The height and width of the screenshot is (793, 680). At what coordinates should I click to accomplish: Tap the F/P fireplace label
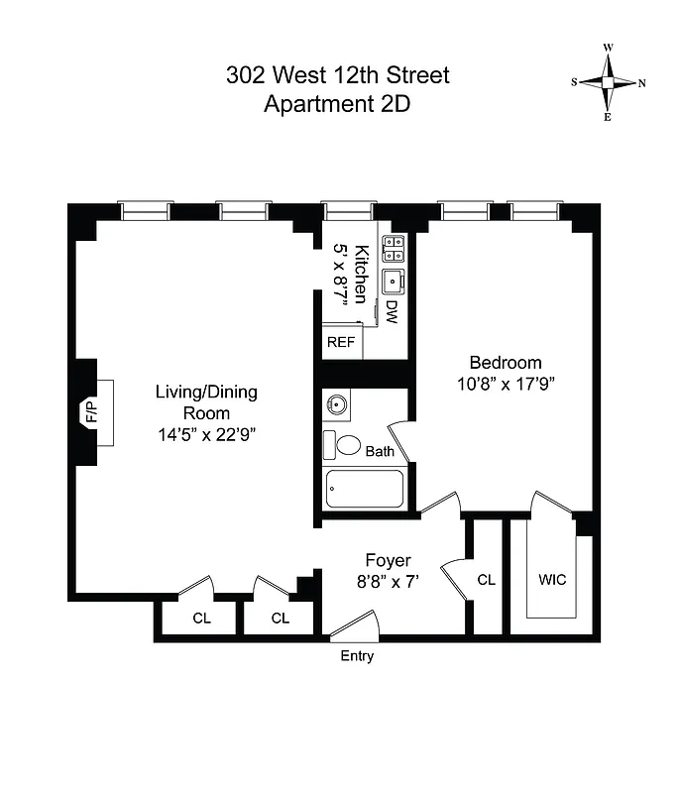click(91, 410)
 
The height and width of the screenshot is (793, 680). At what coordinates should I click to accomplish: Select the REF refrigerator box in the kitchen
click(341, 342)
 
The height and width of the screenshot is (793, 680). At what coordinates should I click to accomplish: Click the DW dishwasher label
click(392, 312)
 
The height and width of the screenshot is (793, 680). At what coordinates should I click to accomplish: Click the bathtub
click(365, 489)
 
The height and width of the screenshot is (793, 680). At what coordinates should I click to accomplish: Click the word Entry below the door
click(357, 656)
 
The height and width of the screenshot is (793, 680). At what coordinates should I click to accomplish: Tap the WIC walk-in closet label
click(552, 579)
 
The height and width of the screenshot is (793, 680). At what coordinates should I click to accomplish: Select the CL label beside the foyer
click(486, 581)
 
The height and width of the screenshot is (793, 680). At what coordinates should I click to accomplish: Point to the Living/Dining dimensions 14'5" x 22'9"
click(206, 433)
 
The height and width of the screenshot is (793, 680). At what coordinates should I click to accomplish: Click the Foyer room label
click(389, 560)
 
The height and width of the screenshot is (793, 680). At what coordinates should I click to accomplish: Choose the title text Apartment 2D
click(336, 104)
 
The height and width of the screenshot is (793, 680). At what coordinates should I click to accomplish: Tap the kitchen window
click(349, 210)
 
